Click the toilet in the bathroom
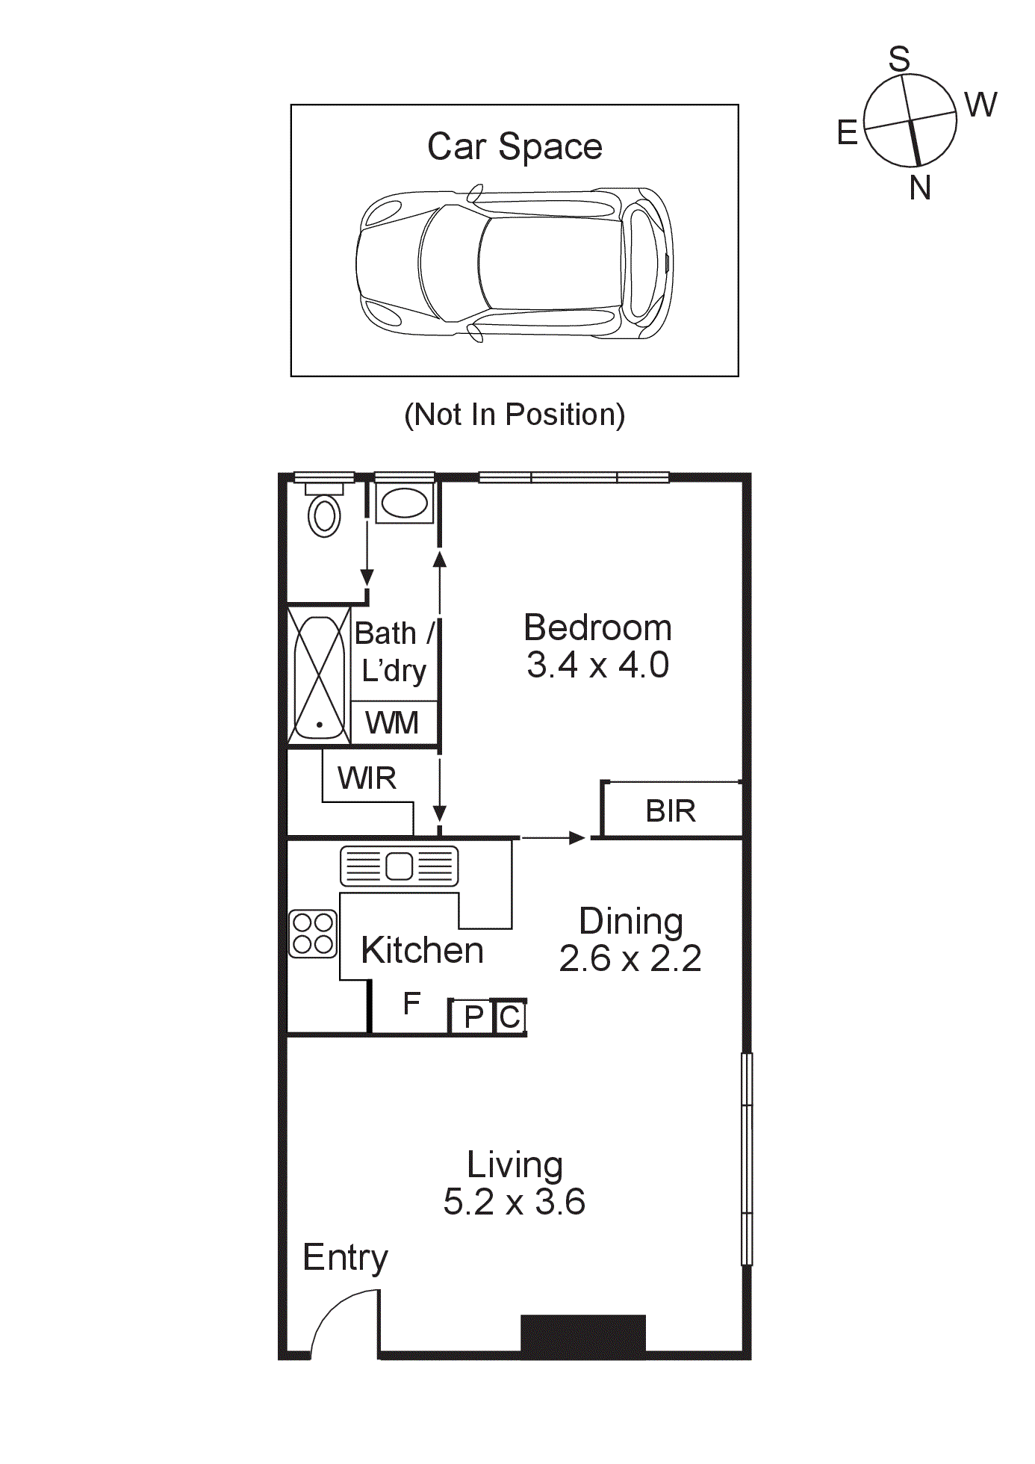pyautogui.click(x=324, y=512)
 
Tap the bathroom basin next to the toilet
pyautogui.click(x=404, y=503)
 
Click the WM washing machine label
pyautogui.click(x=392, y=723)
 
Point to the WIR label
pyautogui.click(x=367, y=778)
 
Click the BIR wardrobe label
pyautogui.click(x=671, y=811)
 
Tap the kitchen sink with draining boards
pyautogui.click(x=399, y=866)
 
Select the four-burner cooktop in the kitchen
pyautogui.click(x=313, y=934)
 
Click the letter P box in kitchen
pyautogui.click(x=473, y=1017)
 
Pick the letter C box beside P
pyautogui.click(x=510, y=1017)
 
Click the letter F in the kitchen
pyautogui.click(x=411, y=1004)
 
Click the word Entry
pyautogui.click(x=345, y=1258)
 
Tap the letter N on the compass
pyautogui.click(x=920, y=187)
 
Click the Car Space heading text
pyautogui.click(x=515, y=146)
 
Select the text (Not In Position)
pyautogui.click(x=515, y=415)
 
